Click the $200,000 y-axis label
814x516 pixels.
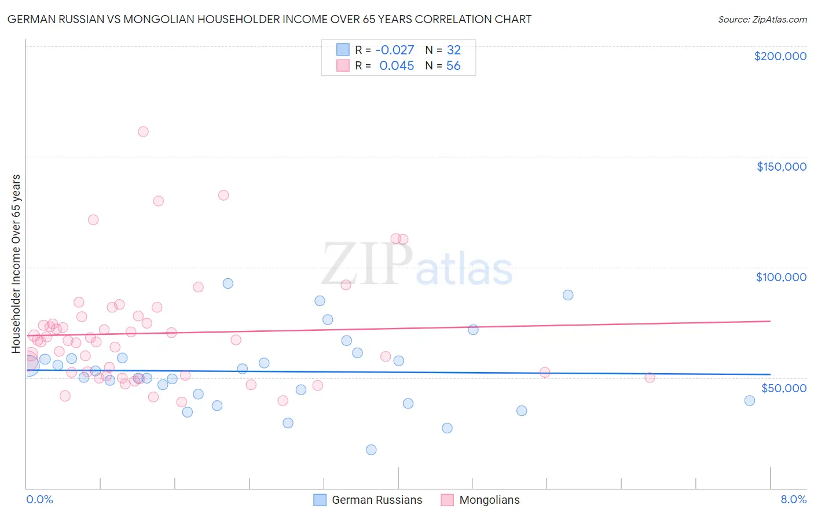(780, 56)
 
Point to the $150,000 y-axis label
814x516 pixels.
(781, 167)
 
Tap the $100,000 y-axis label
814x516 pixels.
(781, 277)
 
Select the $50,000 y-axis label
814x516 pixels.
(783, 388)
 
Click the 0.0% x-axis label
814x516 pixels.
(39, 499)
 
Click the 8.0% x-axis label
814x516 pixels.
(793, 499)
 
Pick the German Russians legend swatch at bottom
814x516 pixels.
(320, 500)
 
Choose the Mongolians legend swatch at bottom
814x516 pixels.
(447, 500)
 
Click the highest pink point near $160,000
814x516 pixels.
(143, 131)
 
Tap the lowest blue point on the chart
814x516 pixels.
(371, 449)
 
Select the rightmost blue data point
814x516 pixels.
(749, 400)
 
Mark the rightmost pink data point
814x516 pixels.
(650, 377)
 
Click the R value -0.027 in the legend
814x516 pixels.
(394, 50)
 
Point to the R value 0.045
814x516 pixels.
(397, 66)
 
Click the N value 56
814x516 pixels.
(453, 66)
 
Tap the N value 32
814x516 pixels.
(453, 50)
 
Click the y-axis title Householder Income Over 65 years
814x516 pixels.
(16, 263)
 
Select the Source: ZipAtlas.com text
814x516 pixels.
(762, 19)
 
